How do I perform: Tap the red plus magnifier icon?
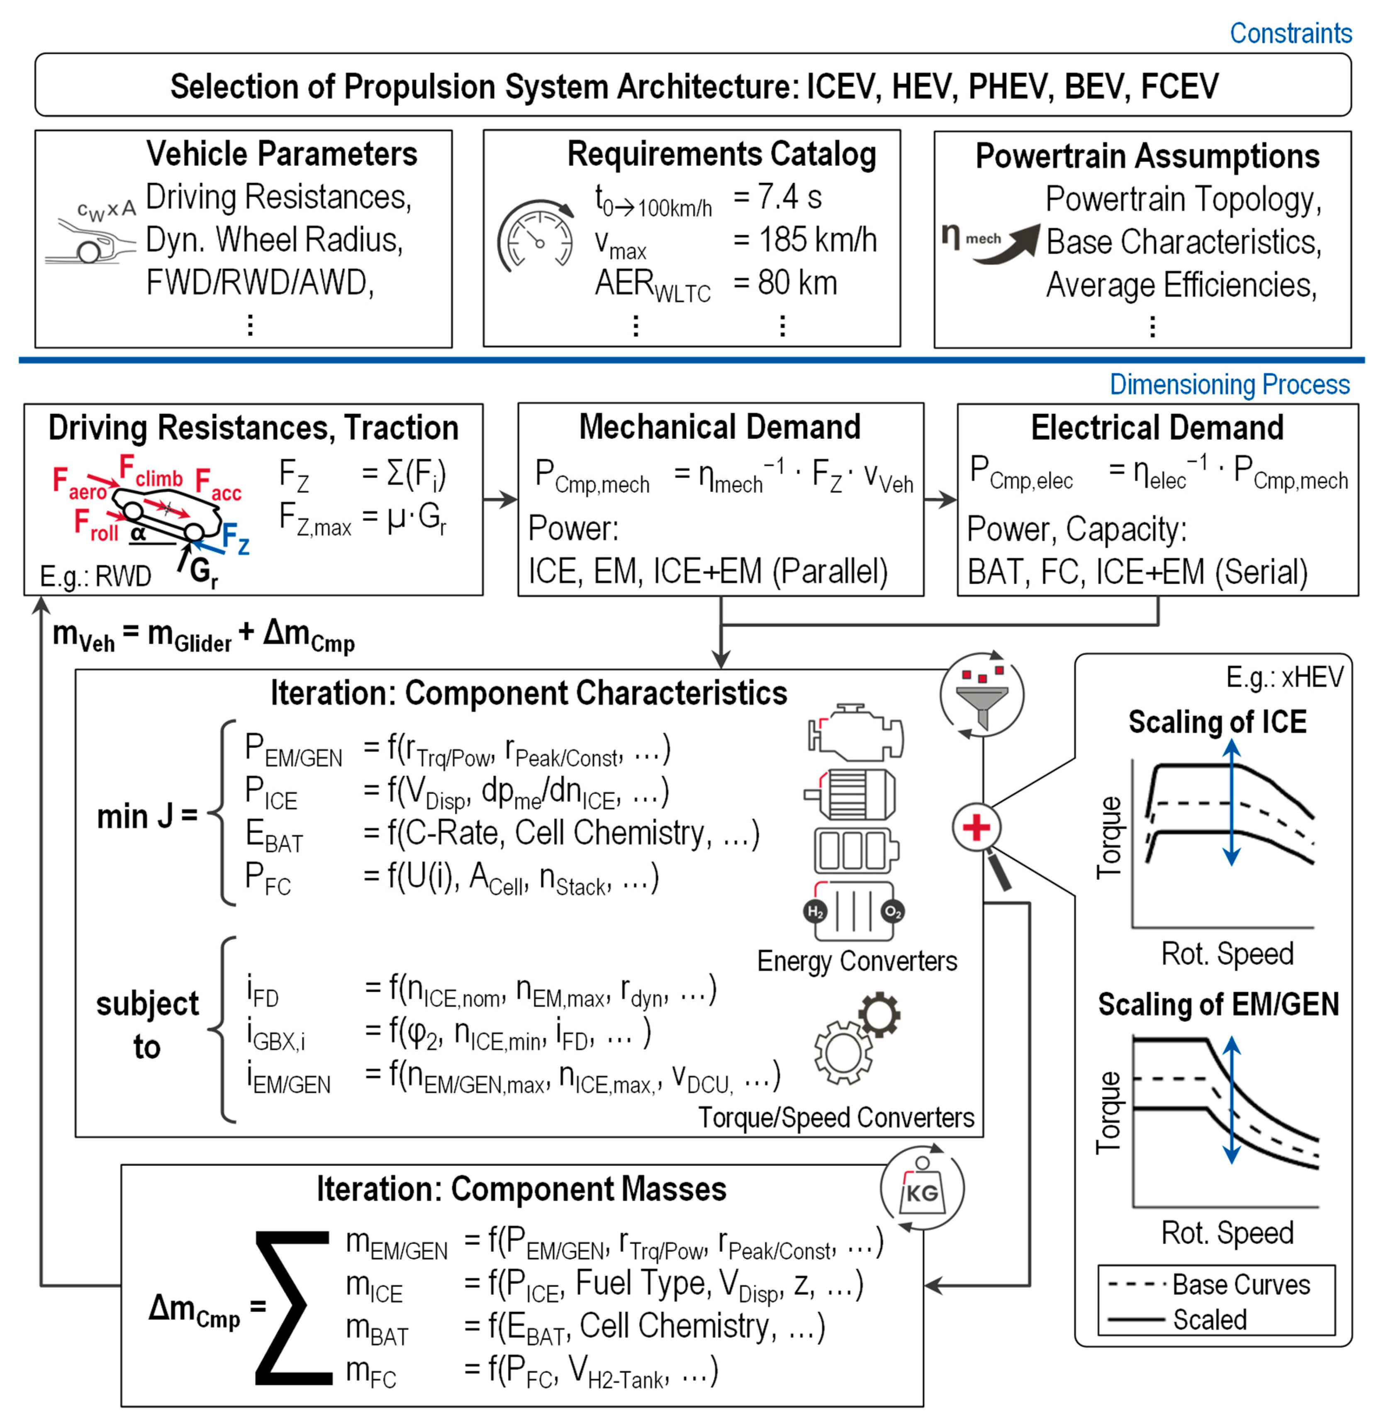pos(977,828)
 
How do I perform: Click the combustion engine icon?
pos(855,732)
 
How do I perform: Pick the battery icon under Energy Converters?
pos(855,850)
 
